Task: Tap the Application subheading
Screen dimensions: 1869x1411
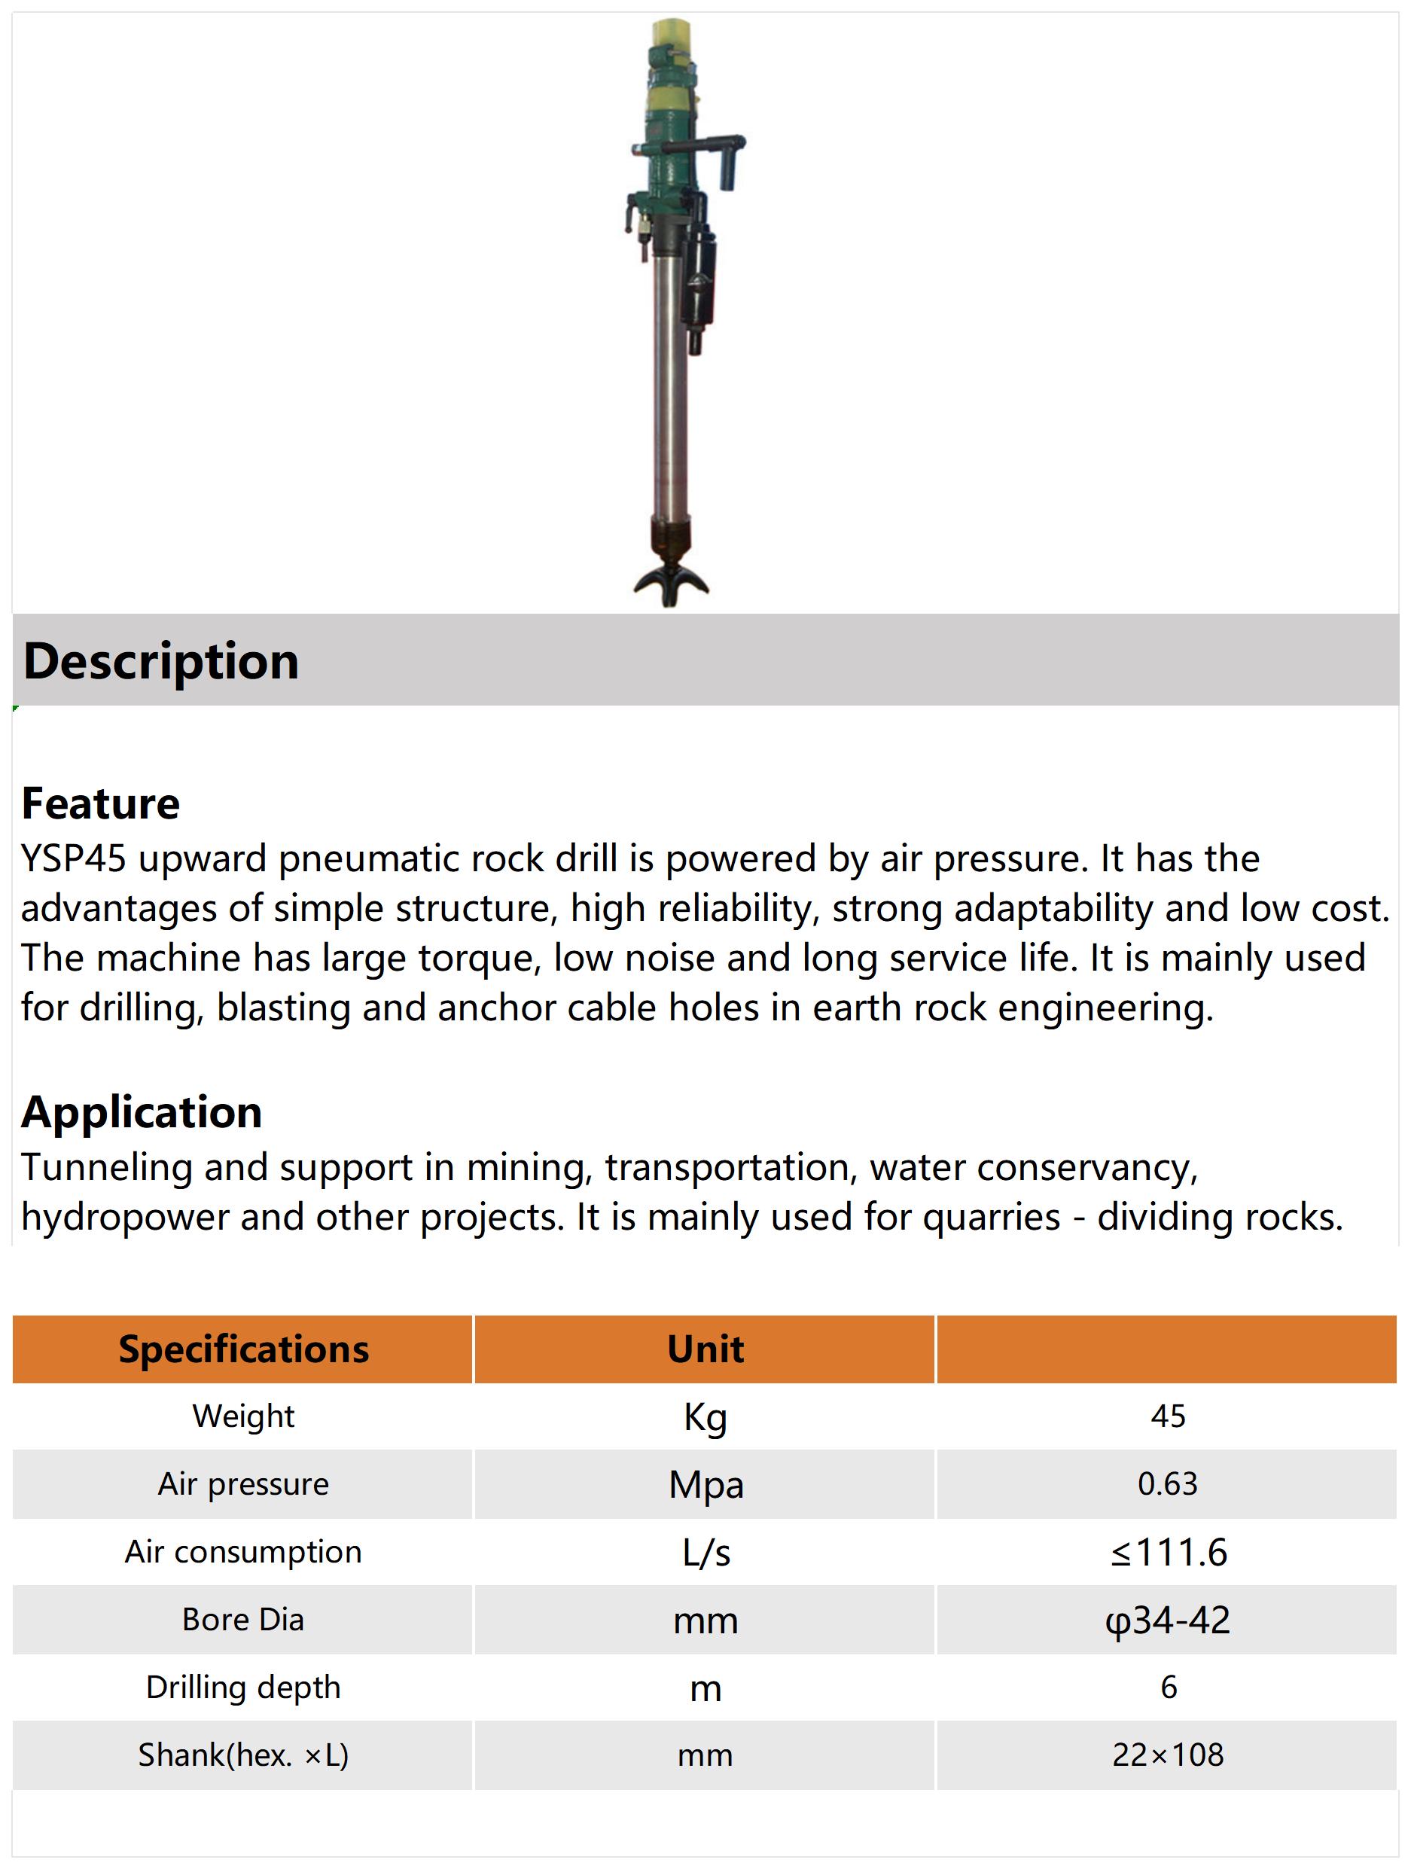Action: (141, 1111)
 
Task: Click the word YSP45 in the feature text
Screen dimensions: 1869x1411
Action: (74, 858)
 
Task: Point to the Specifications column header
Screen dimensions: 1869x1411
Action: (243, 1349)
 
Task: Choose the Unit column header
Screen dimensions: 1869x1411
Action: (705, 1349)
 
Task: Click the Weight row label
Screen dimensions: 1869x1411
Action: (243, 1416)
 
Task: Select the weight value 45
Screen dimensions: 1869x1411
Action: (1168, 1416)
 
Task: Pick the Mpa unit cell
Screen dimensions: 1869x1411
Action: (705, 1484)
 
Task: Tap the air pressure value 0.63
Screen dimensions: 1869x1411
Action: (1168, 1483)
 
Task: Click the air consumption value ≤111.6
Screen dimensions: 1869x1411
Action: (1168, 1552)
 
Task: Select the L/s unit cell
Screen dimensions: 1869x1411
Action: (705, 1552)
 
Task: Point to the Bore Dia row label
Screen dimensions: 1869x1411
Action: (243, 1619)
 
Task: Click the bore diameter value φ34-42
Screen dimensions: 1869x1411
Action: (1168, 1620)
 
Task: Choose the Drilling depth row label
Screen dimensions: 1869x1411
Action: (243, 1687)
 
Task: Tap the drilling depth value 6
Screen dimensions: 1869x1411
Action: (1169, 1687)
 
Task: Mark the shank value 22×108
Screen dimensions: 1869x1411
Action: (1168, 1755)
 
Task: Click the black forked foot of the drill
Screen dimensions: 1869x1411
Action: (671, 583)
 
